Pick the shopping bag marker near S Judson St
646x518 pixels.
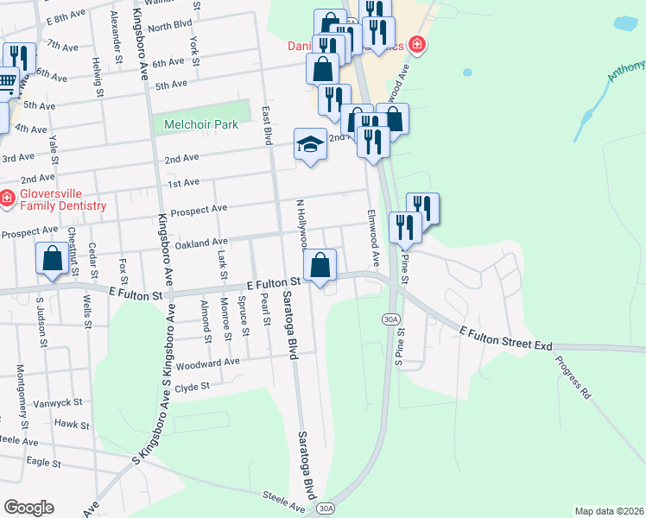[x=52, y=257]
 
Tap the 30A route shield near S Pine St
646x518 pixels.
[x=391, y=319]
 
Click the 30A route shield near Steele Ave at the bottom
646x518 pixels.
[x=325, y=509]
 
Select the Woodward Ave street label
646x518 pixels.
[x=206, y=362]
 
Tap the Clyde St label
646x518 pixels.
[x=192, y=387]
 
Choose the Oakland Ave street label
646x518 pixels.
[x=200, y=243]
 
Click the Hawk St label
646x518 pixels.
[x=72, y=424]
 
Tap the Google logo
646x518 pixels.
[x=28, y=507]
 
